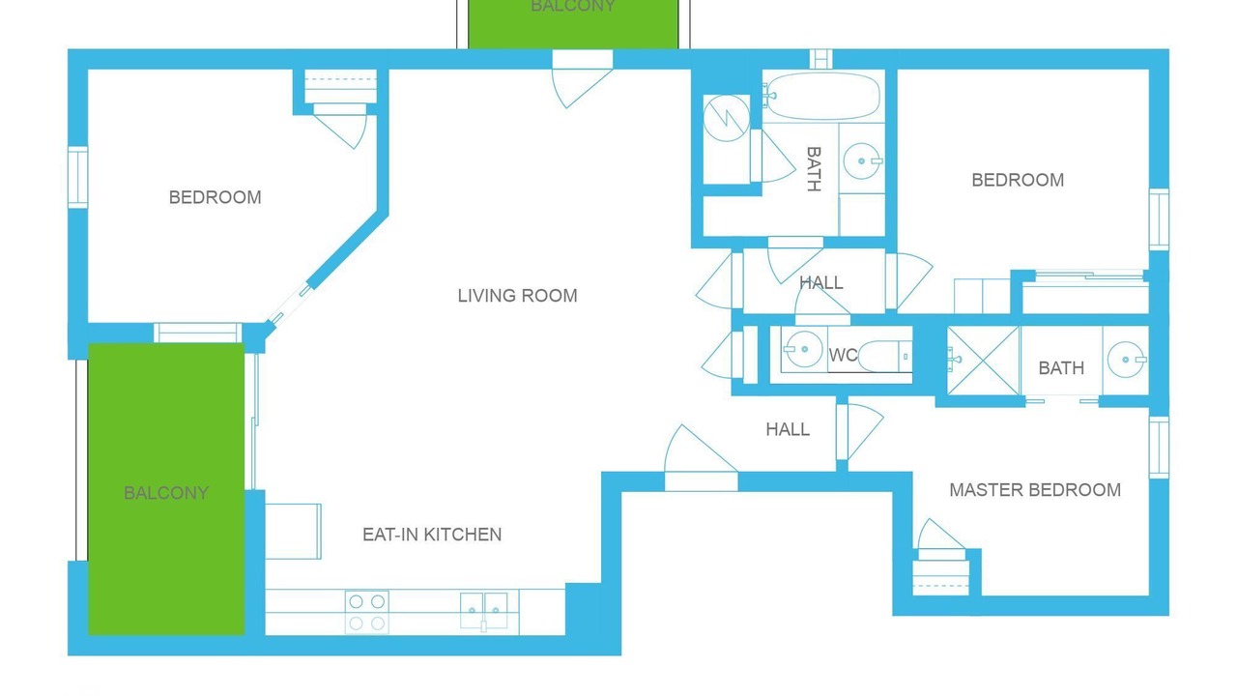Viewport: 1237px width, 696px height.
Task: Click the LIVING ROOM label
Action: (517, 296)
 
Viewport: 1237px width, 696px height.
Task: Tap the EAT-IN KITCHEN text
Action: (432, 535)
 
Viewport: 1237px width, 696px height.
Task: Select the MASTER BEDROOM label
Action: (1035, 489)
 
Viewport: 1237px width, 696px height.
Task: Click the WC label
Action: (843, 355)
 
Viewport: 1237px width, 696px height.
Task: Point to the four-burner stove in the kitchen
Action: (366, 612)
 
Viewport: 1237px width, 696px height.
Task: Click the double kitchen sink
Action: (484, 611)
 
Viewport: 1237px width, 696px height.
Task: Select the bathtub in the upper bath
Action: (822, 97)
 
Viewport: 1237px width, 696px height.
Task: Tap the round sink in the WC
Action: (803, 349)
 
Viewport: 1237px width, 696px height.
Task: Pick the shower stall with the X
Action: (984, 361)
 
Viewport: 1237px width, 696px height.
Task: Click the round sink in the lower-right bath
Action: (1127, 360)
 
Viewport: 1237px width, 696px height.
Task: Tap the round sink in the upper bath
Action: (863, 161)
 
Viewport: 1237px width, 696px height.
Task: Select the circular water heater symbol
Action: (726, 118)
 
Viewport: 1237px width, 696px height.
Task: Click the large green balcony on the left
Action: (166, 489)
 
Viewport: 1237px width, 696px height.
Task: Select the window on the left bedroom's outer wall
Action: (78, 177)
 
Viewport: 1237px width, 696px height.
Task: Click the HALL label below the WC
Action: (788, 429)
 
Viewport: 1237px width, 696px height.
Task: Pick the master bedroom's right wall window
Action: (1159, 448)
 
